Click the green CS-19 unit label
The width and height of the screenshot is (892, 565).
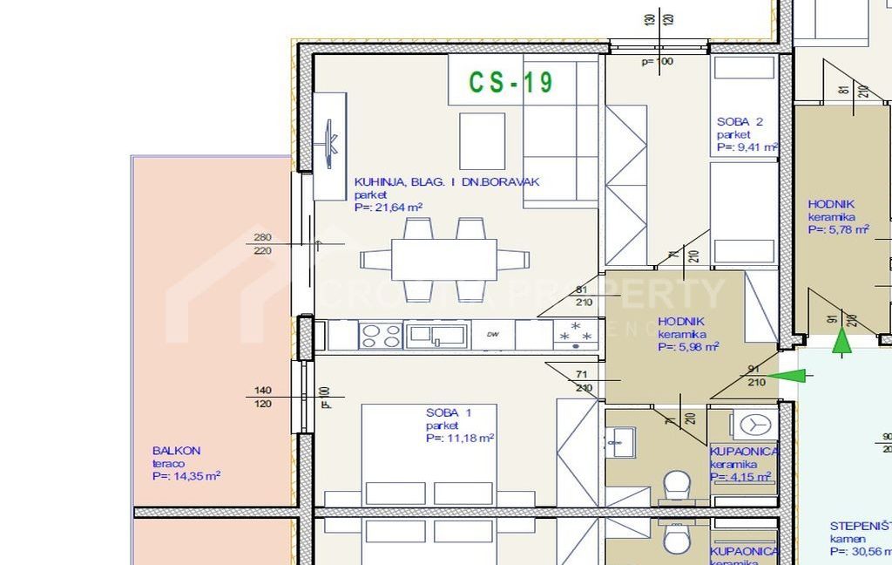point(510,82)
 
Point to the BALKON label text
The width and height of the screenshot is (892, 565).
point(176,451)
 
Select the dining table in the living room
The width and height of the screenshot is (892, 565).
point(444,259)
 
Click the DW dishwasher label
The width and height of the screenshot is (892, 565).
point(492,335)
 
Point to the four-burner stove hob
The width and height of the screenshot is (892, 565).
point(381,335)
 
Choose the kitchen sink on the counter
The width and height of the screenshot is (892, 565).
point(436,334)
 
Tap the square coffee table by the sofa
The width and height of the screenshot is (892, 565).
point(482,141)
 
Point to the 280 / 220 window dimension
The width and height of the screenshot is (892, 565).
point(262,244)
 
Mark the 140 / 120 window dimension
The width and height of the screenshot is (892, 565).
point(262,398)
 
